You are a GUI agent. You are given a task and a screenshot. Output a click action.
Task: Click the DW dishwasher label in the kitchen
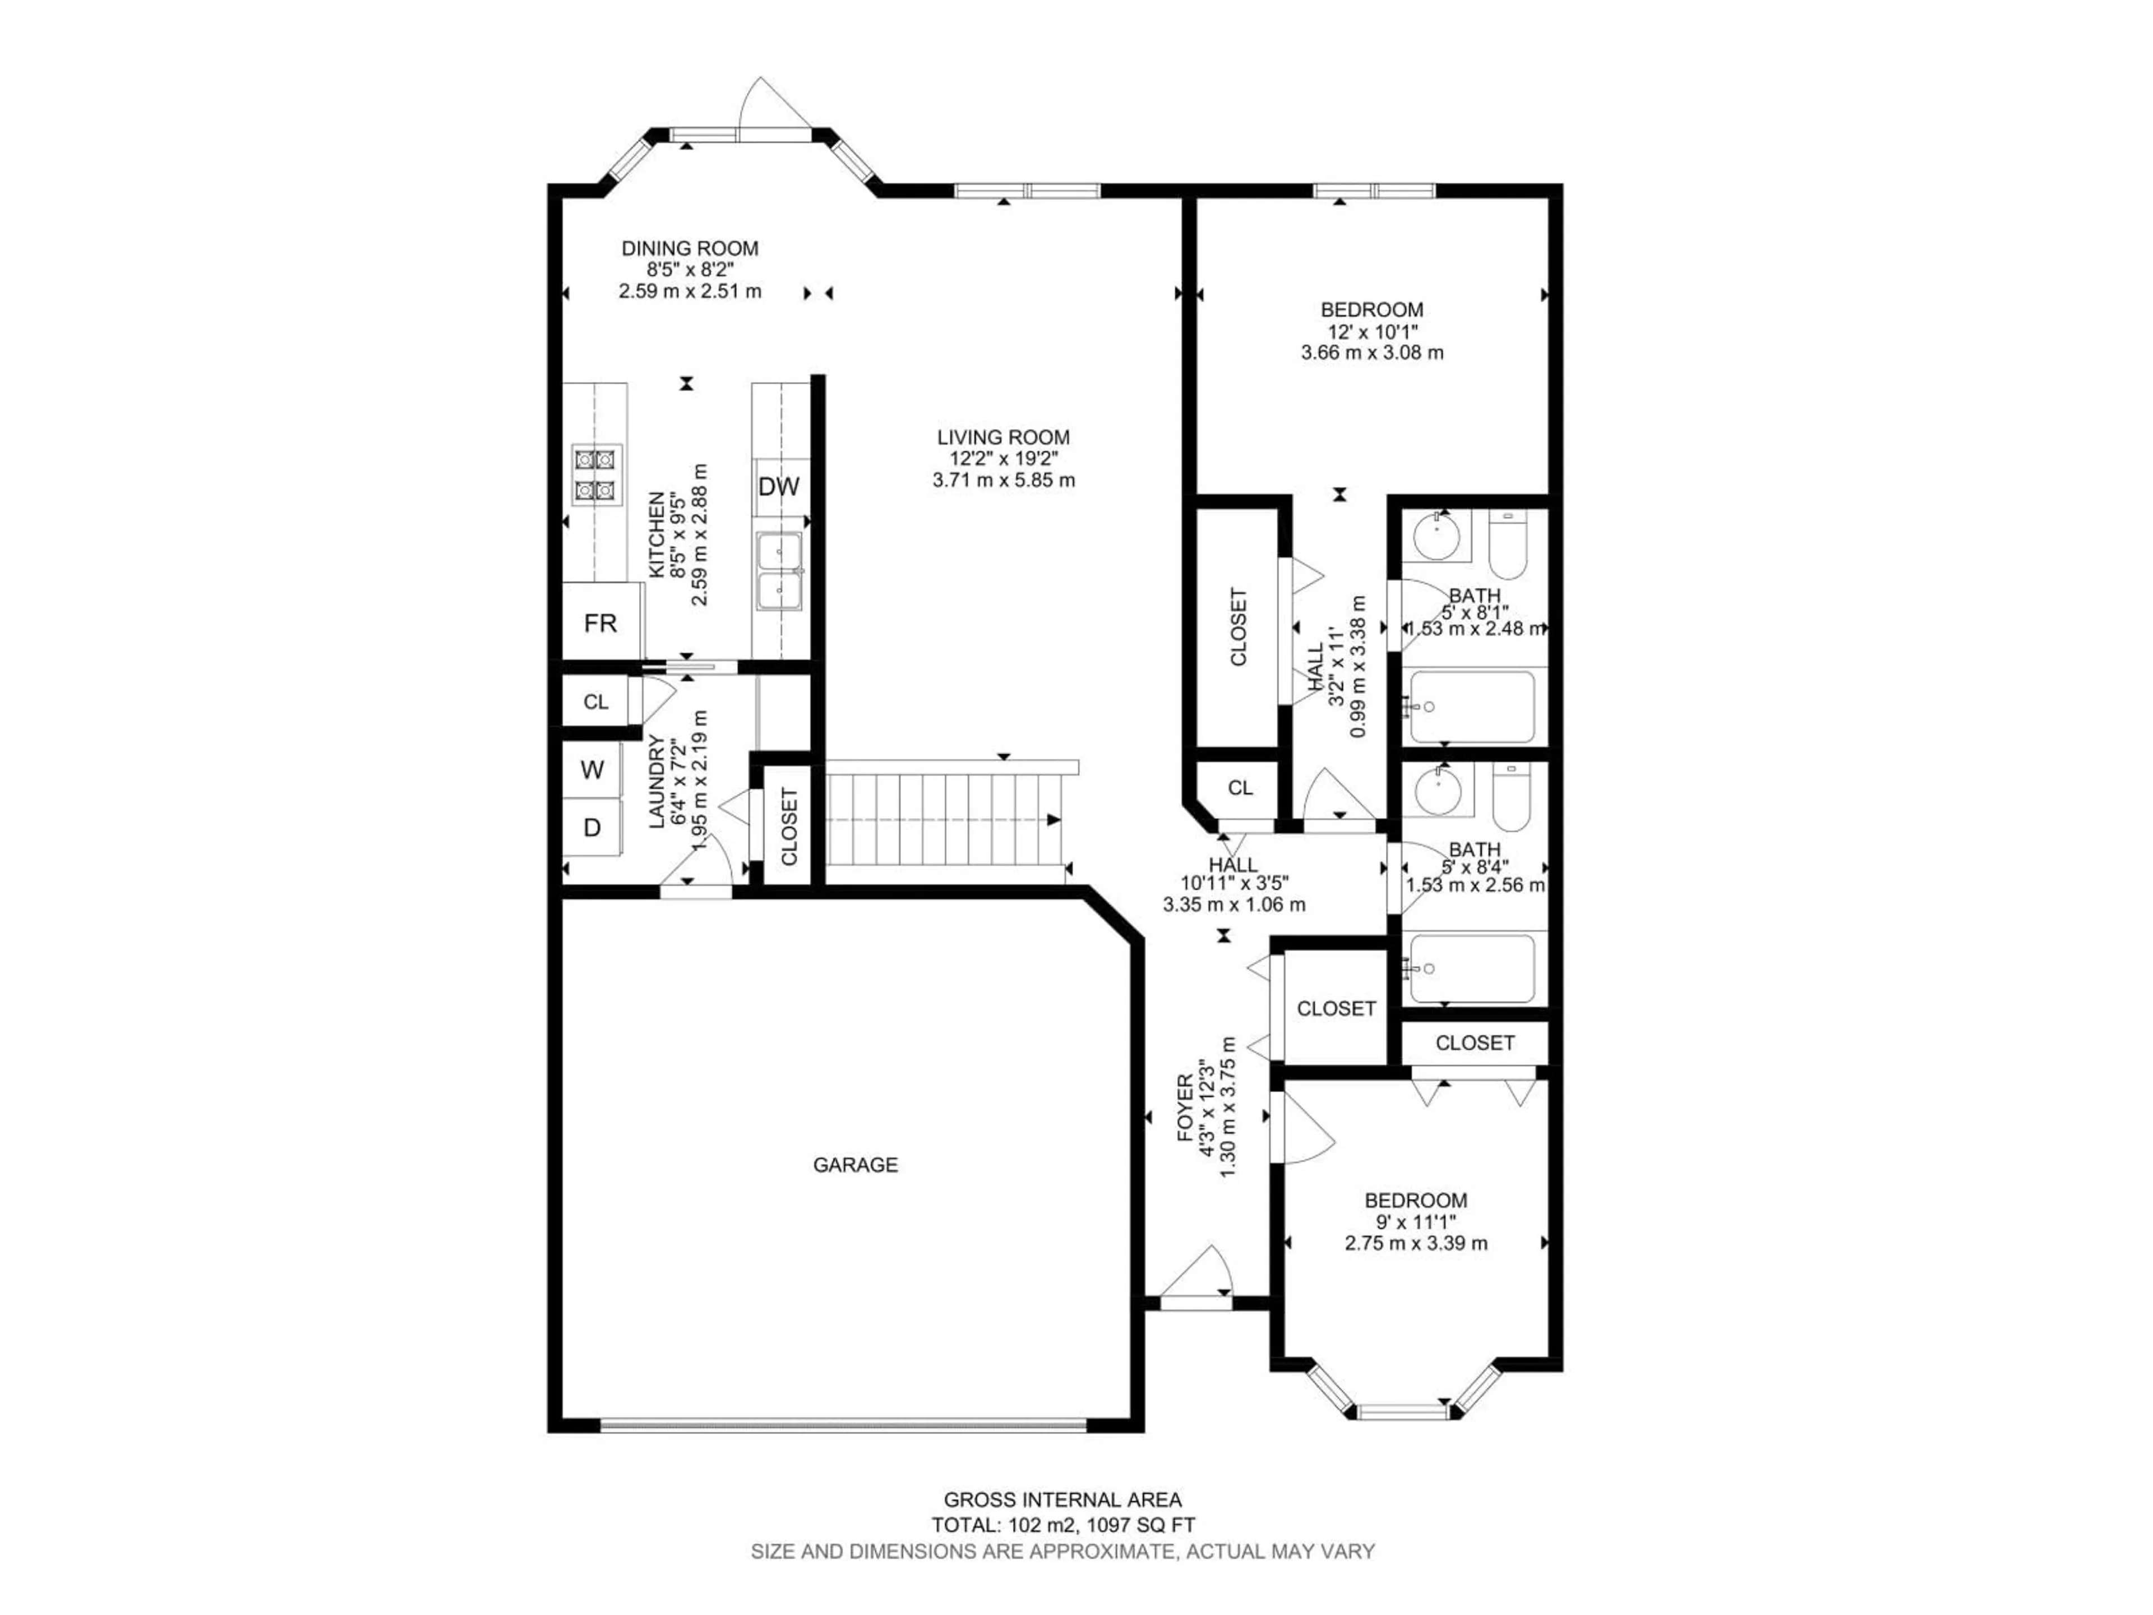click(x=779, y=487)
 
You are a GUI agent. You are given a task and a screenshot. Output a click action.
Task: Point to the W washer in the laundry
click(x=592, y=770)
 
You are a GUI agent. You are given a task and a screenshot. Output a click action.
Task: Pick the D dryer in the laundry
click(x=592, y=828)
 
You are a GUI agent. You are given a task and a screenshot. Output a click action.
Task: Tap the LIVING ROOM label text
click(x=1004, y=437)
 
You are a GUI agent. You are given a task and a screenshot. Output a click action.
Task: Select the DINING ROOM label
click(x=690, y=248)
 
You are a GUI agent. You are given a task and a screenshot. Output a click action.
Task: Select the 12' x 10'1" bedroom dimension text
click(x=1373, y=331)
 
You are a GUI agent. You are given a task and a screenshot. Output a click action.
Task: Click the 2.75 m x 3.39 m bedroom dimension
click(x=1416, y=1243)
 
